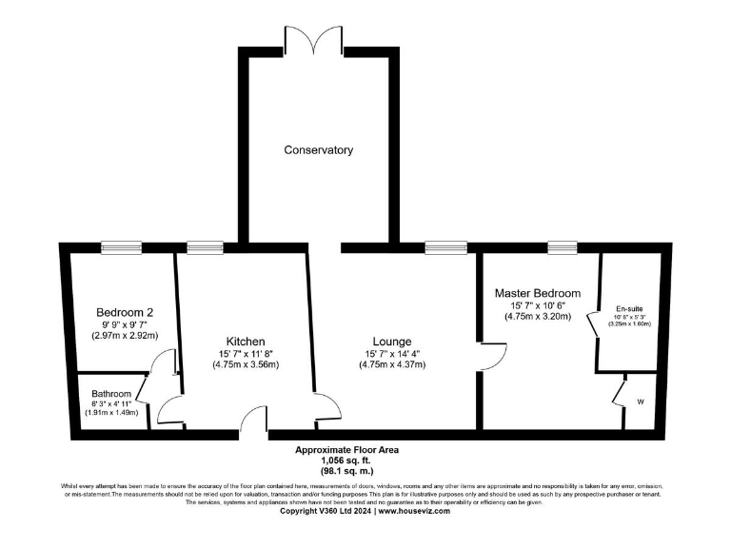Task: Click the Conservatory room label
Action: point(318,150)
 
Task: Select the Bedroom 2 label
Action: point(125,312)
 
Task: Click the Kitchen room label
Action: point(245,342)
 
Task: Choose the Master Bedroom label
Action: point(537,293)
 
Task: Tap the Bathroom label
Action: point(112,393)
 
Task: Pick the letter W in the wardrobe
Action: point(640,402)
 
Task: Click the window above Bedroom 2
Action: point(121,248)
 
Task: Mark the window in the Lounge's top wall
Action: point(440,248)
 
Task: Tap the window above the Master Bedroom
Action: point(562,248)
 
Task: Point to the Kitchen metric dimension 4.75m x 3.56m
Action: point(245,364)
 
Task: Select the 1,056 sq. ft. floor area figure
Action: point(346,460)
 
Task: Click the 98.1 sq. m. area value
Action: point(346,471)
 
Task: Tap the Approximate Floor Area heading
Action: point(346,449)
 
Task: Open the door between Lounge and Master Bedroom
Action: point(491,357)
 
